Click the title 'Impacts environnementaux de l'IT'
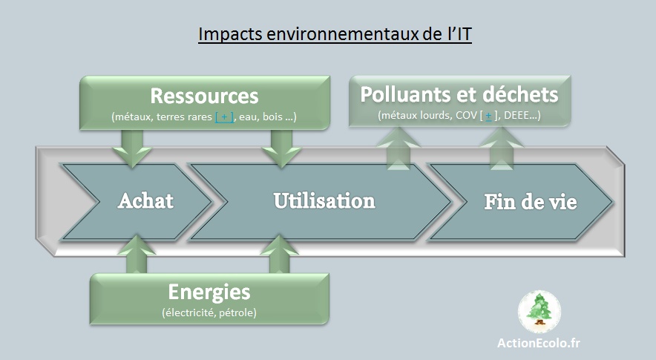click(335, 34)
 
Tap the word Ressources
click(205, 96)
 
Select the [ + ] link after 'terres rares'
click(224, 117)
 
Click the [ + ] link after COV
click(488, 115)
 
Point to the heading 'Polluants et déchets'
click(459, 94)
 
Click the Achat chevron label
click(145, 201)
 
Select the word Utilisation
click(324, 201)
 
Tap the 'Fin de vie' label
click(531, 202)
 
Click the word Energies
click(209, 292)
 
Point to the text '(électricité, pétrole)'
click(209, 312)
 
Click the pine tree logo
click(539, 312)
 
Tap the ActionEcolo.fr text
click(539, 343)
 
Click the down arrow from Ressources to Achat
click(132, 148)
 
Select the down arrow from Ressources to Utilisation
click(281, 148)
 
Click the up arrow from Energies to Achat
click(137, 254)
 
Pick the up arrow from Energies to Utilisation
click(279, 254)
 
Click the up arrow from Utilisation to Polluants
click(398, 148)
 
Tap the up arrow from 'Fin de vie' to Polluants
click(501, 148)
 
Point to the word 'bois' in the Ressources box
click(272, 117)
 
